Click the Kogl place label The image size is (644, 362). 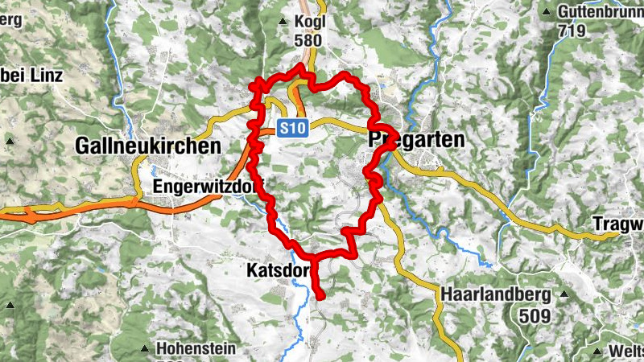point(309,23)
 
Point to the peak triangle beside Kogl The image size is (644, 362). point(283,23)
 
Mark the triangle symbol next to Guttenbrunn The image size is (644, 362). point(547,13)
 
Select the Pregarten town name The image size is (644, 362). point(417,140)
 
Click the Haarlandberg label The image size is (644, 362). point(494,294)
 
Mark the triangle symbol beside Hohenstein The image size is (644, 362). point(145,348)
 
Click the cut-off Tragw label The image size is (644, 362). point(617,223)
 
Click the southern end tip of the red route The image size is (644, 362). point(320,297)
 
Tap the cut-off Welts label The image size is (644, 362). point(625,352)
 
